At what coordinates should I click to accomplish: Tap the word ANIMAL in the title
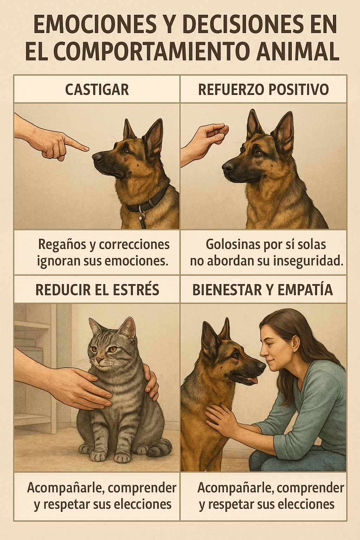(x=298, y=52)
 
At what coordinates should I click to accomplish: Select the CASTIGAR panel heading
(x=97, y=90)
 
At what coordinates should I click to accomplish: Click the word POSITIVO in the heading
(x=298, y=90)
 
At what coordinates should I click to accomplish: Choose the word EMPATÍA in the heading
(x=305, y=289)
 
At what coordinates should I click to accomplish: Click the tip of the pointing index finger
(x=88, y=149)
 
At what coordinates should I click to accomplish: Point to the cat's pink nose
(x=99, y=360)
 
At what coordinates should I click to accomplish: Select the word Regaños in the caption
(x=63, y=245)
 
